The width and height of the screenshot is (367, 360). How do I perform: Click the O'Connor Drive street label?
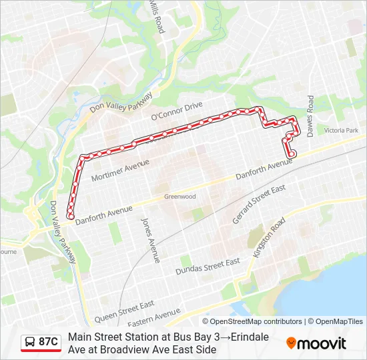(x=176, y=111)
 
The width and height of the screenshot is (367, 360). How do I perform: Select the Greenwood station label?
(x=180, y=197)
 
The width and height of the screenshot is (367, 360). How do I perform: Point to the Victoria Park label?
(x=341, y=131)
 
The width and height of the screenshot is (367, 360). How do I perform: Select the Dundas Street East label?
(x=208, y=267)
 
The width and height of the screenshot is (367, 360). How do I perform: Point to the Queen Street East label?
(x=124, y=310)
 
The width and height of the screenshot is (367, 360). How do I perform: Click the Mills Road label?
(x=156, y=17)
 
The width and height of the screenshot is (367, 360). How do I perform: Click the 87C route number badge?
(x=48, y=342)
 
